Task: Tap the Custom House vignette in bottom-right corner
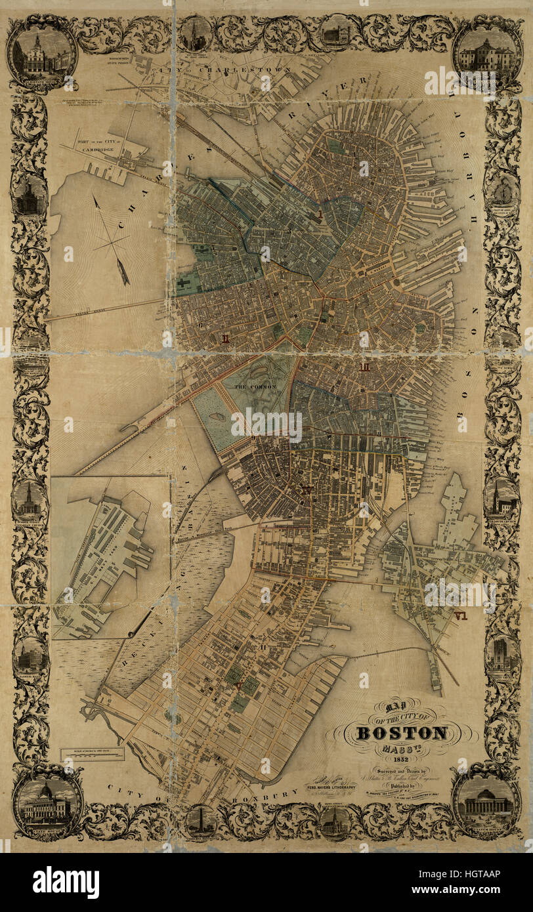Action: pos(487,803)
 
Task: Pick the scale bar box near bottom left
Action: pos(93,754)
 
